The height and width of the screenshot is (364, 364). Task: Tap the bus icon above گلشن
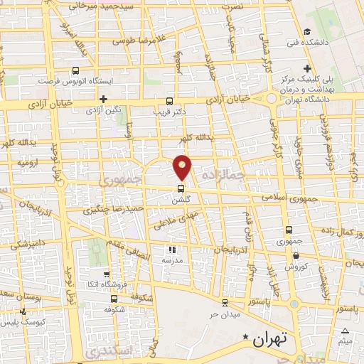coord(181,189)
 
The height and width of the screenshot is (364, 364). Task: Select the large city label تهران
coord(269,340)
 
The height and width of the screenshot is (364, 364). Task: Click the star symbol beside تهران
coord(246,336)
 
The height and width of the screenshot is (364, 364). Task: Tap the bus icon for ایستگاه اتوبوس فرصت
coord(77,70)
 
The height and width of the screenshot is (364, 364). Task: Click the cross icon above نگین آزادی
coord(104,99)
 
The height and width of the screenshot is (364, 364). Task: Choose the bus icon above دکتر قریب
coord(169,100)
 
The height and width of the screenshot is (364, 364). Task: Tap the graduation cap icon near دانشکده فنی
coord(307,31)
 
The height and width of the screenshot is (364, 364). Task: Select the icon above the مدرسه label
coord(171,250)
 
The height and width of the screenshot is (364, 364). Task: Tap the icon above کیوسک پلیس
coord(24,311)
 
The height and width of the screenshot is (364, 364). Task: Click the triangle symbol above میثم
coord(346,331)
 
